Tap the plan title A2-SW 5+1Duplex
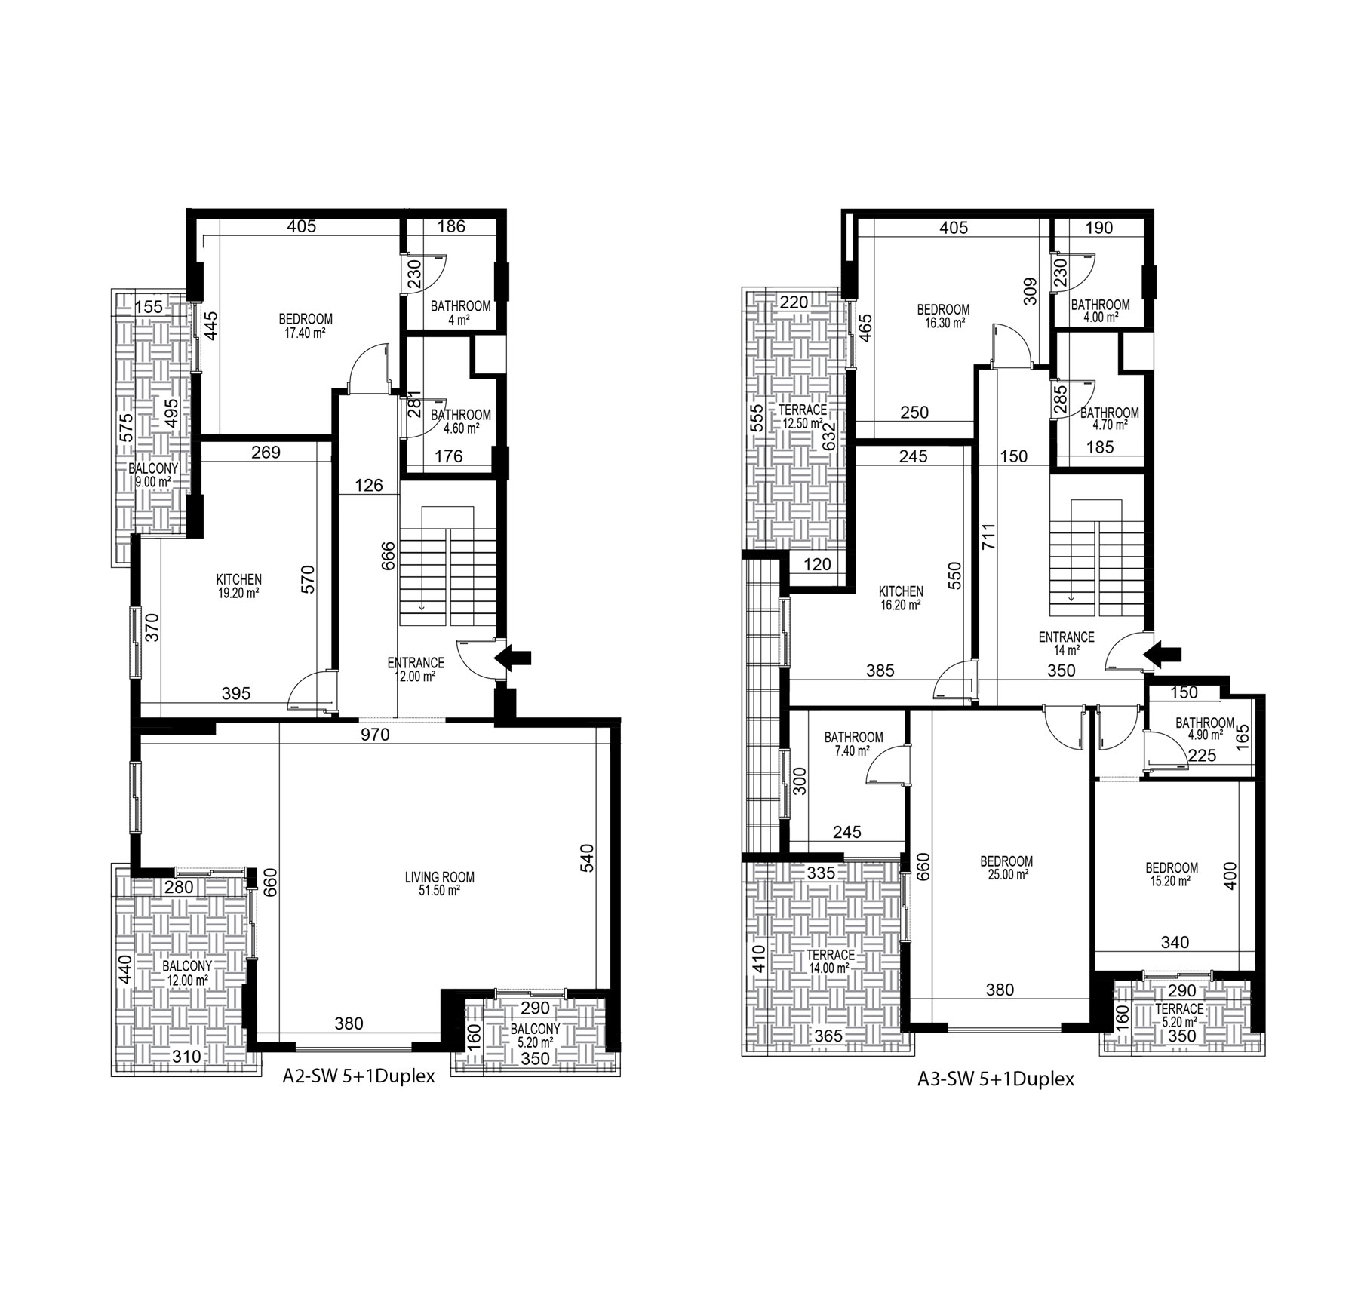(x=358, y=1076)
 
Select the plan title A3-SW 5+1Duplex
(x=996, y=1079)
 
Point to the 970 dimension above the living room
(x=375, y=734)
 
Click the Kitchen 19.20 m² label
(x=239, y=586)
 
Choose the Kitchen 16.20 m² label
(x=901, y=597)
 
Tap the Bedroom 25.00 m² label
(x=1006, y=867)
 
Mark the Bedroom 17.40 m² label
(x=306, y=325)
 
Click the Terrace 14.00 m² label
(x=831, y=962)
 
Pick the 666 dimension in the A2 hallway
(x=389, y=555)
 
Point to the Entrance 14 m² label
(x=1066, y=642)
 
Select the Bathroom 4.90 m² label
(x=1205, y=729)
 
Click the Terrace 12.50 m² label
(x=802, y=416)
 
